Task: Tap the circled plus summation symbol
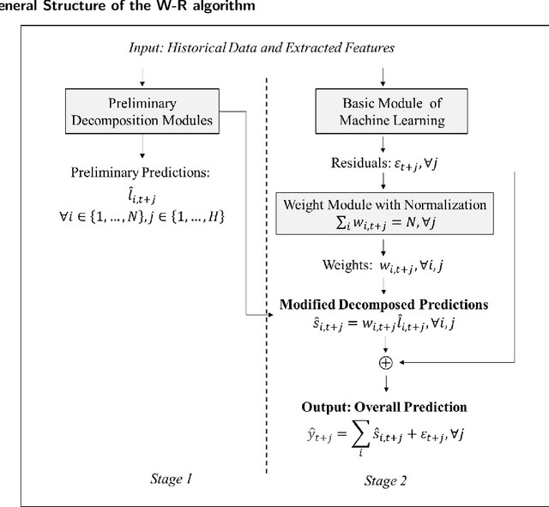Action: click(386, 362)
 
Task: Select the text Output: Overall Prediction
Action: click(385, 407)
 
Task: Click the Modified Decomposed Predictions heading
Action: click(383, 305)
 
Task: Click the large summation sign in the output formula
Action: click(361, 437)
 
